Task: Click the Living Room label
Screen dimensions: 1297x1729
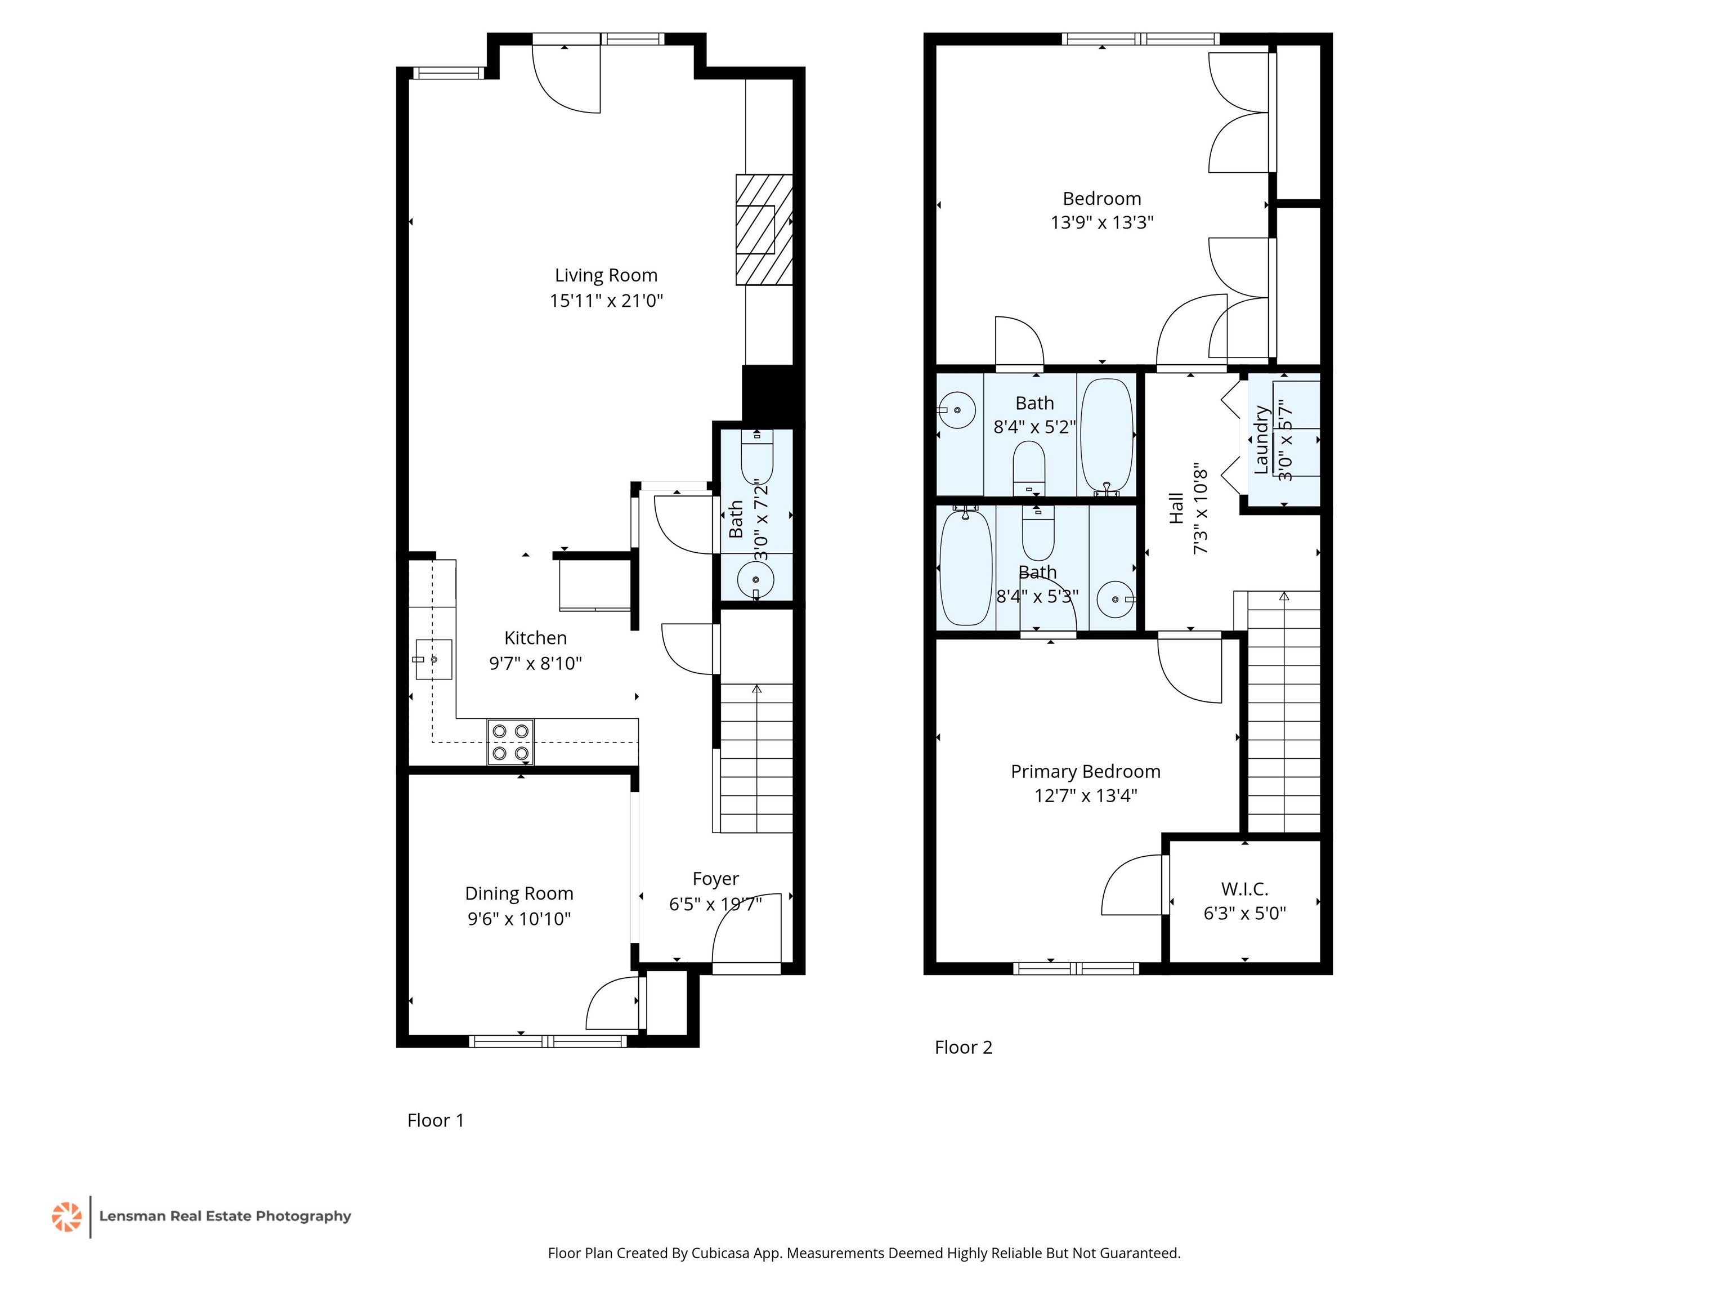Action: (606, 275)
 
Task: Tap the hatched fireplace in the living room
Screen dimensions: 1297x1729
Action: (764, 229)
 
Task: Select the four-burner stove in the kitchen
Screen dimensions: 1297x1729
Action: (510, 742)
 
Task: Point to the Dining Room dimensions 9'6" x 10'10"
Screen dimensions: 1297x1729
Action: (519, 919)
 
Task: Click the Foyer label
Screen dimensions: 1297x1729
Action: (715, 879)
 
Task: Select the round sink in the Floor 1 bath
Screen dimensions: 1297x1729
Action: (756, 580)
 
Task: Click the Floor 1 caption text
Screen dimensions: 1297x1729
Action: (436, 1120)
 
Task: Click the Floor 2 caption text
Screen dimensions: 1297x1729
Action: (963, 1048)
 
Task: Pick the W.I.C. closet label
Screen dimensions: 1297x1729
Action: (1244, 889)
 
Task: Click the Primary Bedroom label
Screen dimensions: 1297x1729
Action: (1085, 772)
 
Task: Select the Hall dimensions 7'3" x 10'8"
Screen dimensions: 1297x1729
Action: (1201, 511)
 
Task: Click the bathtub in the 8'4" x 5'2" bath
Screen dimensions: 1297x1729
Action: (1106, 436)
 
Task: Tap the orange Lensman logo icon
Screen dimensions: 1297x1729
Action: (66, 1217)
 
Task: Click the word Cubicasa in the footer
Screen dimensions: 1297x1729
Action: (720, 1253)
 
